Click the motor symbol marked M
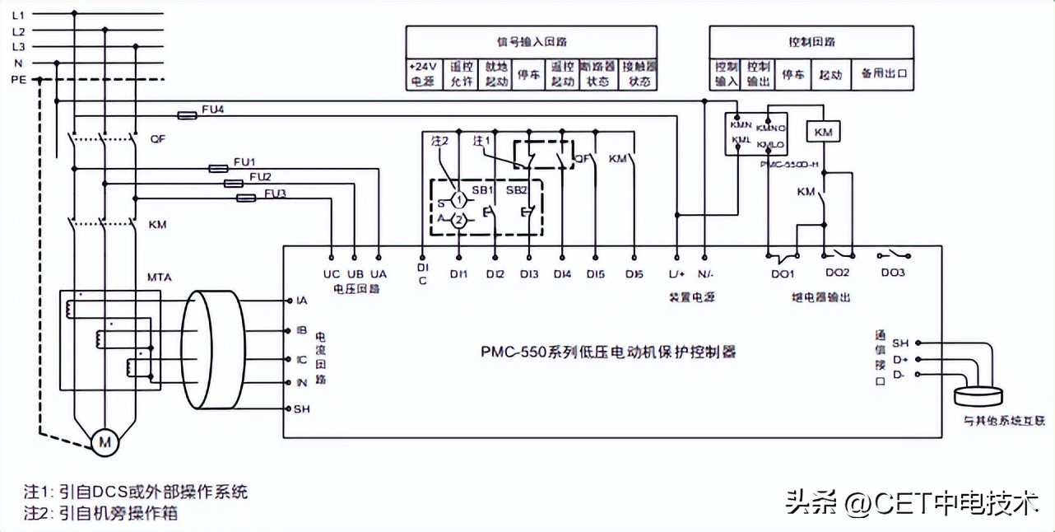coord(105,442)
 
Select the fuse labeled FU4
coord(188,116)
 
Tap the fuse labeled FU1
coord(218,168)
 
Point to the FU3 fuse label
coord(276,194)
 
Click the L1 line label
coord(18,14)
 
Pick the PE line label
coord(18,80)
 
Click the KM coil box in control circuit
coord(823,132)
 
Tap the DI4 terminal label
coord(562,273)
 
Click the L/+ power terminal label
coord(677,273)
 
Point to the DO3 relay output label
coord(894,273)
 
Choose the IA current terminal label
coord(301,301)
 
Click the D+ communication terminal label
coord(901,359)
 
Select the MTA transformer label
coord(159,278)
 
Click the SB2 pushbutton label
coord(516,189)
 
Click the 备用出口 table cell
coord(883,74)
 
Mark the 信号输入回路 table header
coord(531,41)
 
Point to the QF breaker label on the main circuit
coord(158,139)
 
